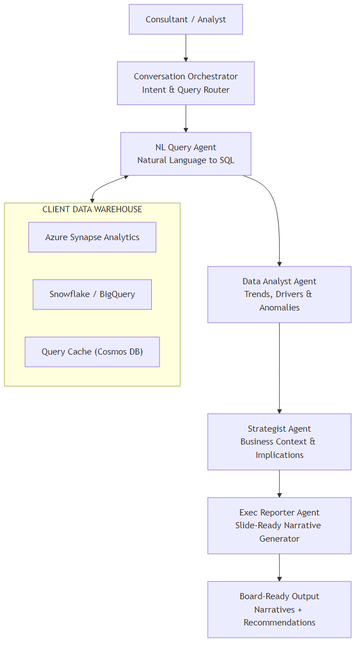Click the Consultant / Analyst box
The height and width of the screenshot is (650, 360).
tap(186, 20)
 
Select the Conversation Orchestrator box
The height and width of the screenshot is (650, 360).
tap(186, 83)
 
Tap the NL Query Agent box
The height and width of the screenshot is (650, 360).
tap(186, 154)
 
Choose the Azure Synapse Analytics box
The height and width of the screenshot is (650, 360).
tap(92, 237)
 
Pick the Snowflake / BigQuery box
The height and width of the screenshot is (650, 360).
tap(92, 294)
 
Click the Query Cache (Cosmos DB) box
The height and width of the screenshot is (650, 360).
tap(92, 352)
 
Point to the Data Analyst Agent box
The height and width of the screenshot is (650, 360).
tap(279, 294)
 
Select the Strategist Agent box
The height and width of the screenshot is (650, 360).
tap(279, 442)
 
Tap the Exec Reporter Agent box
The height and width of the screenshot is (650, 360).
tap(279, 525)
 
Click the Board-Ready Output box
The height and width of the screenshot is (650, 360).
tap(279, 609)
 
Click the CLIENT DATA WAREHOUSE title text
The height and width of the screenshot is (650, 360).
tap(92, 209)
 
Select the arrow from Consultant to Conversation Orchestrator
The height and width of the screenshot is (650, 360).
tap(186, 48)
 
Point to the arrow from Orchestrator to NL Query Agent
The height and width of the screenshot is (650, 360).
tap(186, 118)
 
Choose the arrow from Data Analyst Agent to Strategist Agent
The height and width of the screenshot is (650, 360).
tap(279, 369)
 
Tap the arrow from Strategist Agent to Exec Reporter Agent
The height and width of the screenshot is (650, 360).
tap(279, 484)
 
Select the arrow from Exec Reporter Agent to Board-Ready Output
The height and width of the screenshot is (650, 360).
tap(279, 567)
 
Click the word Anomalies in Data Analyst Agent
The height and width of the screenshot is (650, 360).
tap(279, 308)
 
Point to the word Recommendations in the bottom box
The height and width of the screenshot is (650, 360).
tap(279, 623)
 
